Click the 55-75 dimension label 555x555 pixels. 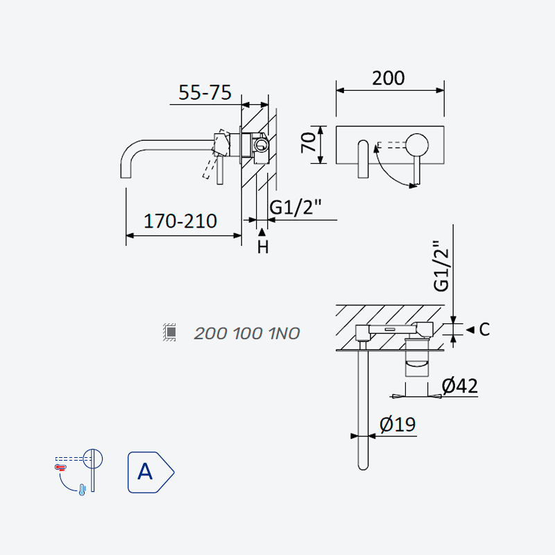[x=205, y=93]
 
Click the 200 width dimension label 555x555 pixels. [x=388, y=78]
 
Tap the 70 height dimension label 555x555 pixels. [x=308, y=143]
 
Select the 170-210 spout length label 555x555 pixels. [x=180, y=221]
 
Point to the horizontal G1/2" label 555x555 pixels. [x=296, y=207]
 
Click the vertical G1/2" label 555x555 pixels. [x=441, y=266]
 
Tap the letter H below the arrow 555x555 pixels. [x=263, y=247]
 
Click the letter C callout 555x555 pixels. [x=484, y=330]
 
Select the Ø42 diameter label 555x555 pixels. [x=460, y=386]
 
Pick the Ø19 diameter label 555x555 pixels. [x=398, y=425]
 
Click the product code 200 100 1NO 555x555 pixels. [x=247, y=334]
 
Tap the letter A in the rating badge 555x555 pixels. [x=145, y=472]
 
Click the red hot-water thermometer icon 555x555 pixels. [x=60, y=468]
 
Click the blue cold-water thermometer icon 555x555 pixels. [x=83, y=490]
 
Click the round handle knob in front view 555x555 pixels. [x=417, y=145]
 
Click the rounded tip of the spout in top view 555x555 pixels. [x=363, y=466]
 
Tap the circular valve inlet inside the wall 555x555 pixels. [x=262, y=145]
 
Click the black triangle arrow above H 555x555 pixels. [x=262, y=232]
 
